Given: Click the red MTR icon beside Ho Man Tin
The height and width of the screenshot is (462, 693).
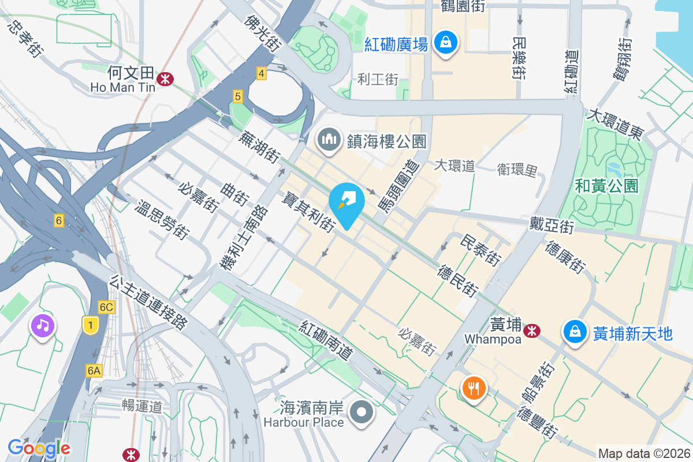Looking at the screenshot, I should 166,79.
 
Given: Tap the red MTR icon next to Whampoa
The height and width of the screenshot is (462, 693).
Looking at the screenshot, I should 531,330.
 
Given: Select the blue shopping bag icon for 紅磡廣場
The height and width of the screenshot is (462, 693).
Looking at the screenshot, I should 446,43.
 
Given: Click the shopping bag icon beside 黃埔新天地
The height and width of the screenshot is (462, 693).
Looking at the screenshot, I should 575,333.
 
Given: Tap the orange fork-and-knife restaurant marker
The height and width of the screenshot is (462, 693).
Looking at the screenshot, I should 474,388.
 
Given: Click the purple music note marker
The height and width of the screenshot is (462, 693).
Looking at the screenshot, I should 43,326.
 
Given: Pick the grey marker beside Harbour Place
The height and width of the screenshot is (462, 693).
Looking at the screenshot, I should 363,413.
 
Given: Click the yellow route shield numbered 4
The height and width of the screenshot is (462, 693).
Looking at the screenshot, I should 262,73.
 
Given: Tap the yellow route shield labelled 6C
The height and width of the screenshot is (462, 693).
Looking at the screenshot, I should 106,307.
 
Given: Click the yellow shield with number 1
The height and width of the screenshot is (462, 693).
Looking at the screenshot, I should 90,326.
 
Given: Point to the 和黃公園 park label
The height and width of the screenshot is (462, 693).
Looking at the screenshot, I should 606,185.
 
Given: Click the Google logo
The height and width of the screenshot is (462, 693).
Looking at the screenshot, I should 39,448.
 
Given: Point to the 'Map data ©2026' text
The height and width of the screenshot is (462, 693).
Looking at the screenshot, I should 644,453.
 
